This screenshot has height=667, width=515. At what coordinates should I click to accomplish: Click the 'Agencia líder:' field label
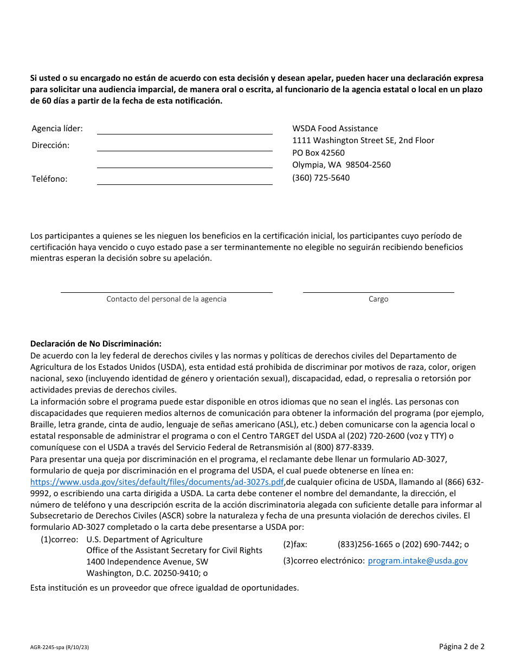tap(57, 129)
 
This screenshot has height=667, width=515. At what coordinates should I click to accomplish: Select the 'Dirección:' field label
tap(50, 145)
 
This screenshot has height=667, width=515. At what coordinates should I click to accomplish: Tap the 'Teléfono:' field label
tap(49, 179)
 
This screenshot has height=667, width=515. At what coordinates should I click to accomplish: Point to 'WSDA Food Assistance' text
tap(335, 129)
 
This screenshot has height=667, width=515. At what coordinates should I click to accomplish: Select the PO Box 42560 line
tap(318, 153)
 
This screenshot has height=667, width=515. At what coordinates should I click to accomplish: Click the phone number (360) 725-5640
tap(321, 178)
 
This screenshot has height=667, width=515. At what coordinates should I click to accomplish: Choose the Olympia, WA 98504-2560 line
tap(341, 165)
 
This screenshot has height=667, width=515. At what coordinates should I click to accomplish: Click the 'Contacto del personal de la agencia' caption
tap(166, 299)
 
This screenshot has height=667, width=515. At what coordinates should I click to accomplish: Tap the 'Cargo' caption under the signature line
tap(378, 299)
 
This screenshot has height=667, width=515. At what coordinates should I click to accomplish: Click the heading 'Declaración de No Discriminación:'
tap(96, 344)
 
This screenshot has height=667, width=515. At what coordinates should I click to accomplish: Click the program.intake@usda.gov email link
tap(417, 561)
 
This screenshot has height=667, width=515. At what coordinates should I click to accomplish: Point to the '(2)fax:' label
tap(295, 544)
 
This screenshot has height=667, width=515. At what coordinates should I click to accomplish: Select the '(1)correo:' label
tap(59, 540)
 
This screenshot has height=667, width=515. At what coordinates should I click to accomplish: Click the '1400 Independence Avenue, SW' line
tap(147, 562)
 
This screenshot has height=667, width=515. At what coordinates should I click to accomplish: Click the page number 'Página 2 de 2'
tap(461, 646)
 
